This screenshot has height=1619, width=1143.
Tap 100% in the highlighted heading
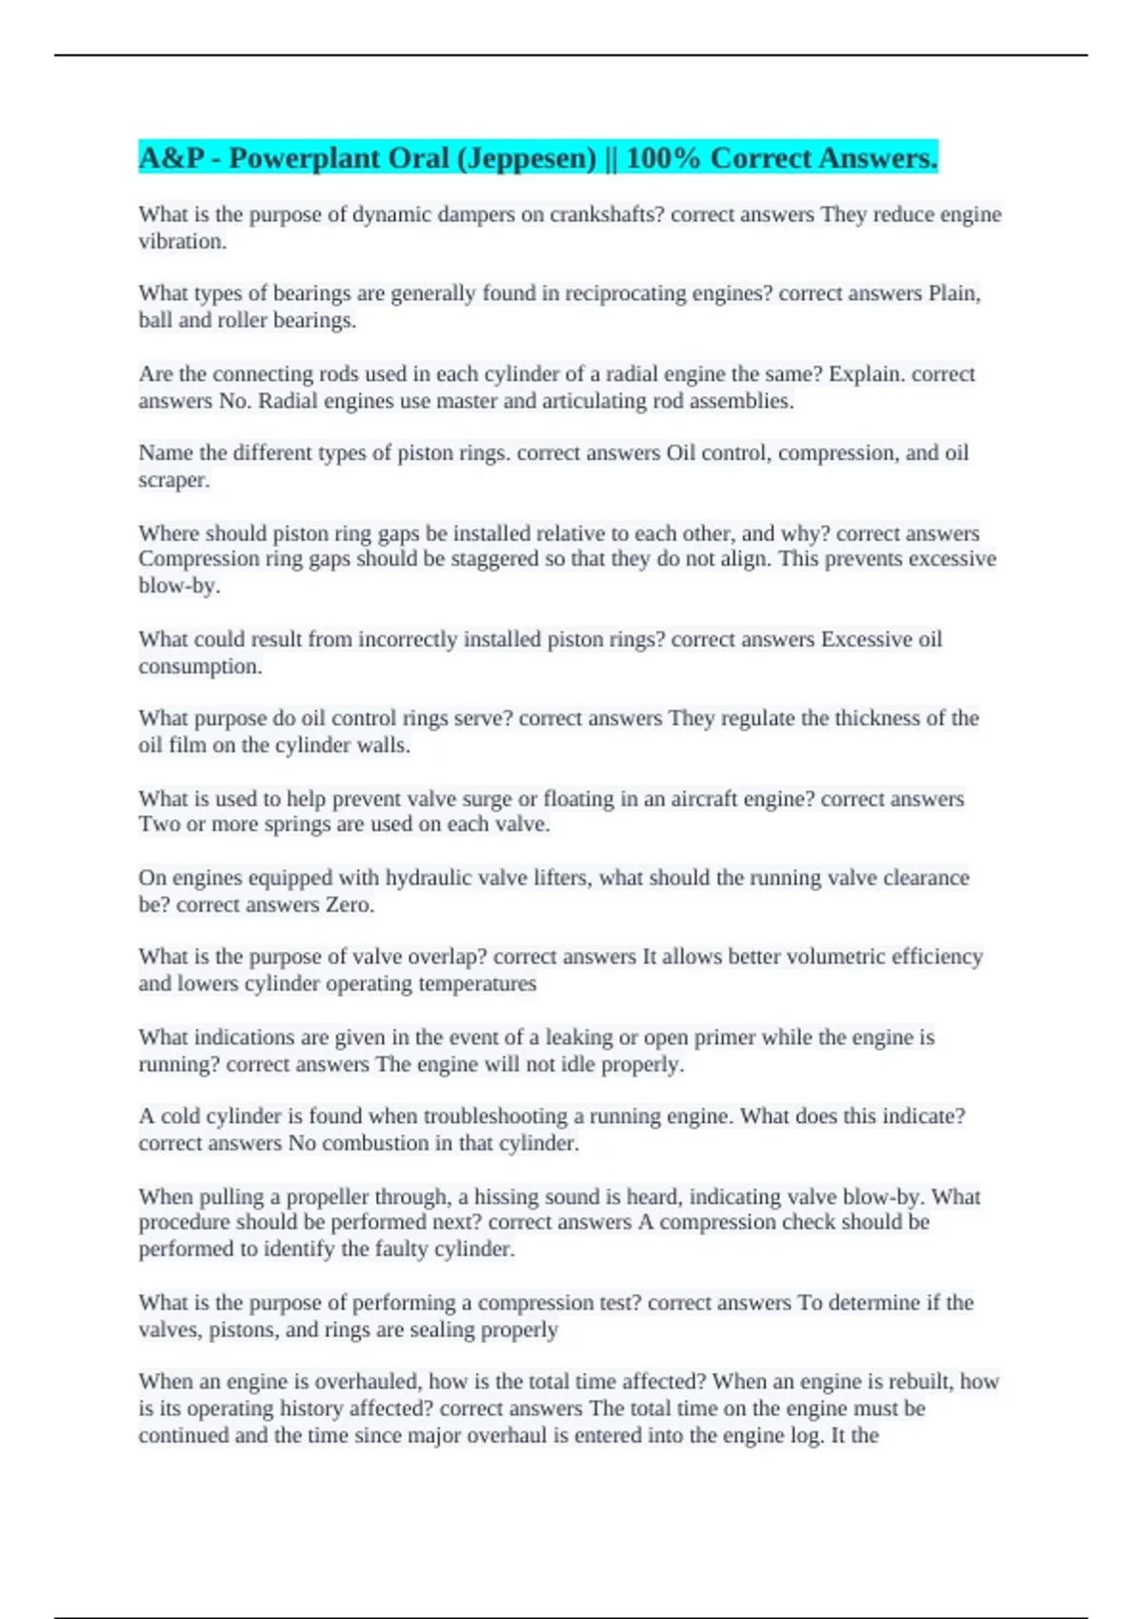coord(663,158)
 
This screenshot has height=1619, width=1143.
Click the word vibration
coord(182,242)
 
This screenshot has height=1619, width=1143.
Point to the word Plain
coord(954,293)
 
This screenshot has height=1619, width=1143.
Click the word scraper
coord(173,480)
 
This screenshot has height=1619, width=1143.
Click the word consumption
coord(200,667)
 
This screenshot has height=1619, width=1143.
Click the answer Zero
coord(350,905)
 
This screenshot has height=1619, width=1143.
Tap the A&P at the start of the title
coord(171,158)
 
